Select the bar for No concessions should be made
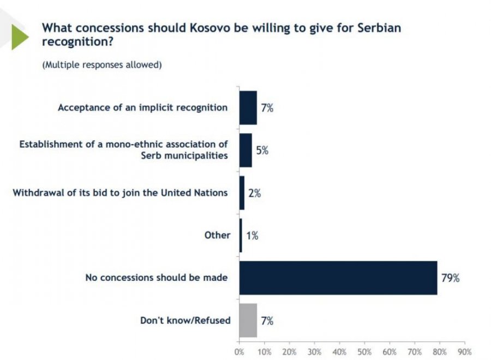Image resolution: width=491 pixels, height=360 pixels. pyautogui.click(x=338, y=278)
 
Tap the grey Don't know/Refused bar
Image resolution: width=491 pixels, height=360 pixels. pyautogui.click(x=248, y=320)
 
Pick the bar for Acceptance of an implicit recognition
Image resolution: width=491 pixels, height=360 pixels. pyautogui.click(x=248, y=107)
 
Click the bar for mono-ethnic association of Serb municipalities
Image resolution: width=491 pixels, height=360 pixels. pyautogui.click(x=245, y=150)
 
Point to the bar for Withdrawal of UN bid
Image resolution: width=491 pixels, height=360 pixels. pyautogui.click(x=242, y=193)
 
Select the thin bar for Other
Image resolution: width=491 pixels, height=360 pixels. pyautogui.click(x=241, y=235)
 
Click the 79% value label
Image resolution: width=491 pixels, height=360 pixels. pyautogui.click(x=450, y=278)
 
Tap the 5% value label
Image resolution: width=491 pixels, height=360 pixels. pyautogui.click(x=262, y=150)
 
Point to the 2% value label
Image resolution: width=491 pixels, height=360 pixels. pyautogui.click(x=254, y=193)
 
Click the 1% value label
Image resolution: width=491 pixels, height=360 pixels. pyautogui.click(x=252, y=236)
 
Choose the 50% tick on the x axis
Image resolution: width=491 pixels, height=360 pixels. pyautogui.click(x=364, y=351)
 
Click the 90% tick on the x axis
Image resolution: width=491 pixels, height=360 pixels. pyautogui.click(x=464, y=351)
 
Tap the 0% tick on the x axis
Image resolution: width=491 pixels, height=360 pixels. pyautogui.click(x=239, y=351)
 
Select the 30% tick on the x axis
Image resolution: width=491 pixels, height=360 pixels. pyautogui.click(x=314, y=351)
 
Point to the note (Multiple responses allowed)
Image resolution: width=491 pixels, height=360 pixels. pyautogui.click(x=102, y=64)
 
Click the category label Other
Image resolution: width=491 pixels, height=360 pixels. pyautogui.click(x=217, y=235)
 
